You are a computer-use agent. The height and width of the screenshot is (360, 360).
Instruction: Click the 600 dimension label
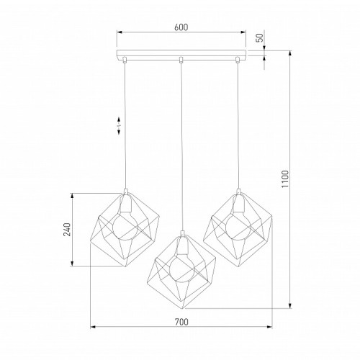pos(181,27)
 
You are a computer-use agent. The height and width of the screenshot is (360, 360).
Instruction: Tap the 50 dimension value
pos(260,37)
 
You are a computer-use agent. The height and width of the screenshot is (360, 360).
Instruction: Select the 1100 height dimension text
pos(285,179)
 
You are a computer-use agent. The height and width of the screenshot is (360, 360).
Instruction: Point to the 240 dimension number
pos(68,230)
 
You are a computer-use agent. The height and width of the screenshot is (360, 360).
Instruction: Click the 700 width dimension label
pos(181,322)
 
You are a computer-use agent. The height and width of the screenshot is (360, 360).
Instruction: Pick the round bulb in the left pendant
pos(125,227)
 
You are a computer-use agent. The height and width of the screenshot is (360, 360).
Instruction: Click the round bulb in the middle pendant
pos(182,269)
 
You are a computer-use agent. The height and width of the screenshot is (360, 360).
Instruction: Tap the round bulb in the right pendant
pos(238,227)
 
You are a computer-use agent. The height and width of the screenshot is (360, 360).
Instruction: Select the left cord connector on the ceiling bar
pos(125,60)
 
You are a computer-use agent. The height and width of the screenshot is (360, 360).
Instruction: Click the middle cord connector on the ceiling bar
pos(181,60)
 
